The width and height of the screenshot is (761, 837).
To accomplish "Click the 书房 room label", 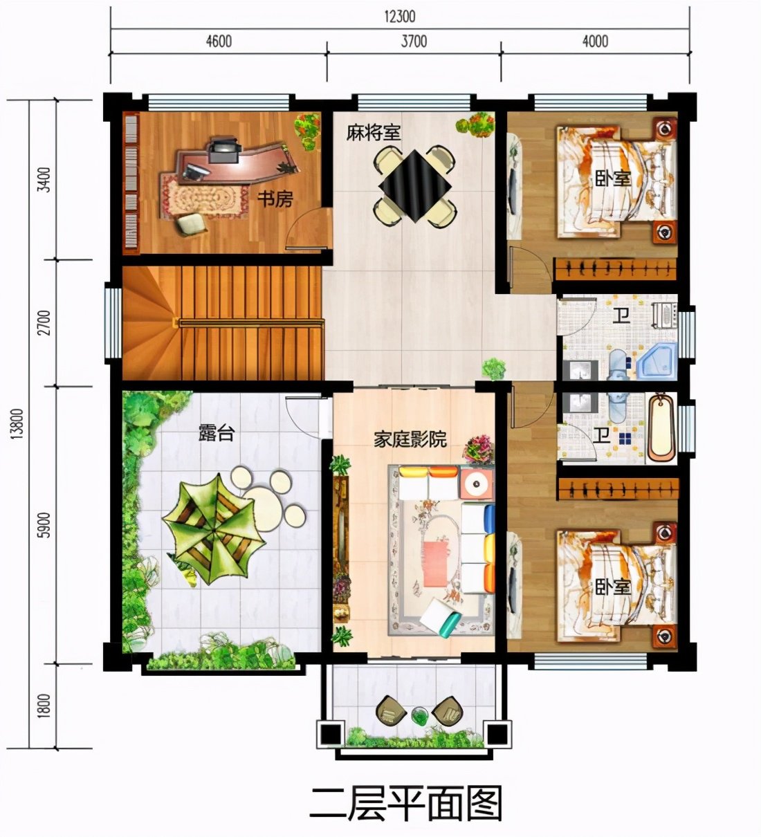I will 275,200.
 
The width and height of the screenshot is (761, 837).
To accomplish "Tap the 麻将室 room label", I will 374,132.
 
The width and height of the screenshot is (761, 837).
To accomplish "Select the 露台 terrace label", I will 216,433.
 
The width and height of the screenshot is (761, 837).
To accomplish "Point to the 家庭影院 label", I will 410,439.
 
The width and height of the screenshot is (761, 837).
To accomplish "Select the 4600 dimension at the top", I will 218,42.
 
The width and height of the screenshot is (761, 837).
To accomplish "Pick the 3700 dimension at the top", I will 414,42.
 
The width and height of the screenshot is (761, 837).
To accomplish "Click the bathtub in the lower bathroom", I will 662,427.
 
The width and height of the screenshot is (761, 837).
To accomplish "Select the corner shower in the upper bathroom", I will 654,360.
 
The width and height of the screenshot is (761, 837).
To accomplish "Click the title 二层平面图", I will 405,804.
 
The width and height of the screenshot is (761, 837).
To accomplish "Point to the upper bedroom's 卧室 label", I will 612,177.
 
